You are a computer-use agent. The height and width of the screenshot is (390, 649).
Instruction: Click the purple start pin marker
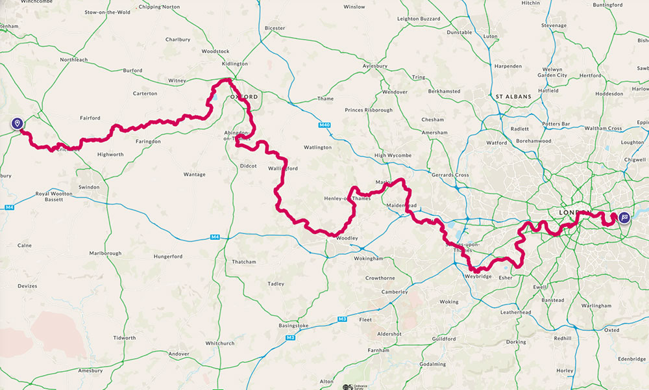(x=17, y=123)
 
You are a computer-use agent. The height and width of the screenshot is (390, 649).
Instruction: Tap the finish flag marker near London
(x=624, y=218)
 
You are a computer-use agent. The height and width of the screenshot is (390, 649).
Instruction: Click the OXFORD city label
(x=243, y=97)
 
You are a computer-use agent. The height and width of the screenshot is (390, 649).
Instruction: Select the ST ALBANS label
(x=513, y=97)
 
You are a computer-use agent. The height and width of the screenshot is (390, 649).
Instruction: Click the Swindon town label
(x=89, y=187)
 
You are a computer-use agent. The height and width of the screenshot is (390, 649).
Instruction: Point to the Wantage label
(x=194, y=174)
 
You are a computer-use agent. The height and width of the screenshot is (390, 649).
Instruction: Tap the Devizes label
(x=27, y=286)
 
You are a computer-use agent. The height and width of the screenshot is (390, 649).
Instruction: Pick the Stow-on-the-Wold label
(x=107, y=12)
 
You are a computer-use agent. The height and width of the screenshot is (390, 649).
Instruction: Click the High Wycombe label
(x=393, y=156)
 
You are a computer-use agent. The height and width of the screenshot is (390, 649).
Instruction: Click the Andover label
(x=178, y=354)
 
